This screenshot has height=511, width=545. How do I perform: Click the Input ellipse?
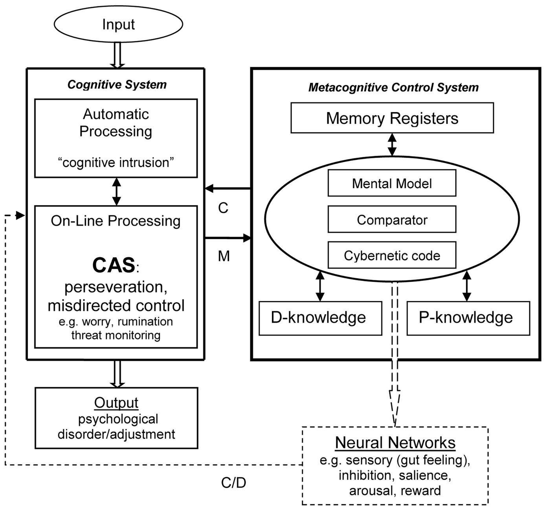click(x=118, y=24)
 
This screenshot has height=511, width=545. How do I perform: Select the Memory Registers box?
click(x=392, y=118)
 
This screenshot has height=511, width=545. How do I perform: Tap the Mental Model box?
click(x=392, y=183)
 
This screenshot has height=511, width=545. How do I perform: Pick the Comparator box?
click(x=392, y=220)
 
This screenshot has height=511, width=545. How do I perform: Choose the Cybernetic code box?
click(x=392, y=256)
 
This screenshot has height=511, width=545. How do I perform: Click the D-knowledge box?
click(x=320, y=318)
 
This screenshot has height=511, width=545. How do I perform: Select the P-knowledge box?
click(x=468, y=318)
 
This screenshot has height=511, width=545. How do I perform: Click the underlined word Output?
click(x=116, y=403)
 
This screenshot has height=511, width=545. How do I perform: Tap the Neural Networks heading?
click(x=395, y=443)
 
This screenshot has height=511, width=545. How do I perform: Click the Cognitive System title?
click(x=117, y=85)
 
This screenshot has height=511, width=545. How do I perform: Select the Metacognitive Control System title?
click(x=393, y=87)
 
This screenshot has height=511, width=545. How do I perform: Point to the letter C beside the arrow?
click(x=223, y=208)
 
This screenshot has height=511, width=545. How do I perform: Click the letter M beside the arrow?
click(x=224, y=256)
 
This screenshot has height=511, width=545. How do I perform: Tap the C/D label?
click(x=233, y=482)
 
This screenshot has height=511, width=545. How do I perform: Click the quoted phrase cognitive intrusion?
click(x=116, y=162)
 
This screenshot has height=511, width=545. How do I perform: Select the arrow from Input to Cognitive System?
click(x=117, y=55)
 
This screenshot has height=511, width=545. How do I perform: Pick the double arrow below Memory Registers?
click(x=392, y=144)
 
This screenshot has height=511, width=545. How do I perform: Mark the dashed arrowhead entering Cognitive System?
click(x=19, y=215)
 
